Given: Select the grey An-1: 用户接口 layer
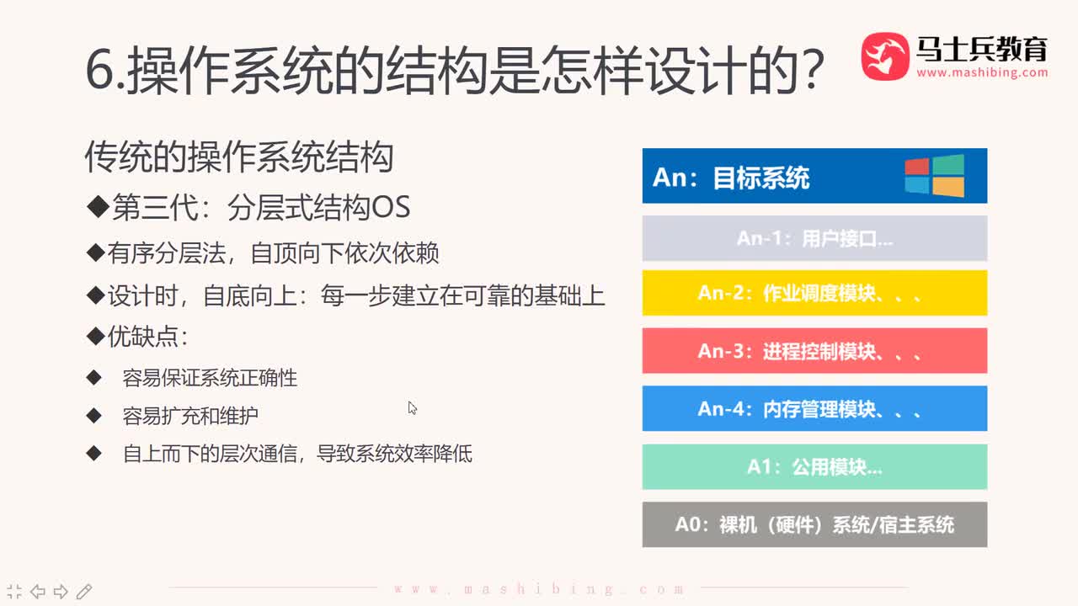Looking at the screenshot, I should [814, 238].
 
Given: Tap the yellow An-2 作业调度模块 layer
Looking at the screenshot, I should [814, 293].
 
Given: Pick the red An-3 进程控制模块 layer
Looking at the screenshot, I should [814, 350].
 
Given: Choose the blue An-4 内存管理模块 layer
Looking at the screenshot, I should [814, 408].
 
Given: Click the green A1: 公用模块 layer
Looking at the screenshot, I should [814, 466].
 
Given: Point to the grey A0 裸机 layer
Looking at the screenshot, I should [814, 524].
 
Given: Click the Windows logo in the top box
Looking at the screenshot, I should [934, 176].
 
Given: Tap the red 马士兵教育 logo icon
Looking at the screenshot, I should [885, 56].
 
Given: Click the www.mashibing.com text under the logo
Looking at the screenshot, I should [982, 72].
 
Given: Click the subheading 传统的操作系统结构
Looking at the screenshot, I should [239, 157].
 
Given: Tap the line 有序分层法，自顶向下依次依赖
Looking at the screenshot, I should [273, 252].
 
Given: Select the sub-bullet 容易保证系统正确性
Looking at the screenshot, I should [210, 378].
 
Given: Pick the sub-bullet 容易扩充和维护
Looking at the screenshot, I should [190, 416].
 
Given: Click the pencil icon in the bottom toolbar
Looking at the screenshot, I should [84, 591].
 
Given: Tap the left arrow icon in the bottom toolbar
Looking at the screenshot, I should [38, 591].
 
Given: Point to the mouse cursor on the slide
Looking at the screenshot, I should [412, 408].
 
